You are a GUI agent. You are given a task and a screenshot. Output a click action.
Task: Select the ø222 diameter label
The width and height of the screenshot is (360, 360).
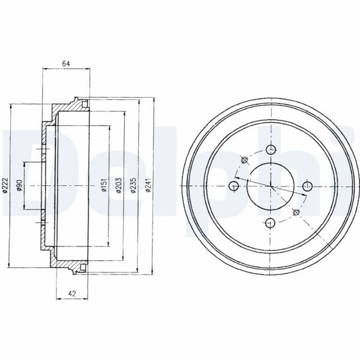5,187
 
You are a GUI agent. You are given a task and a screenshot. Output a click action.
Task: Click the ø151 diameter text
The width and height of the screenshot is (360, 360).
104,187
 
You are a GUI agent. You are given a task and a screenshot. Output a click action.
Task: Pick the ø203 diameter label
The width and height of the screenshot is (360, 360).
119,187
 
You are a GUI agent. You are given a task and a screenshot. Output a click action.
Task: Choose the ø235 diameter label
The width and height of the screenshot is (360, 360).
134,187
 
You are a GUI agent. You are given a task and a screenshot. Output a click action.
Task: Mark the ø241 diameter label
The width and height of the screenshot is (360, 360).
149,187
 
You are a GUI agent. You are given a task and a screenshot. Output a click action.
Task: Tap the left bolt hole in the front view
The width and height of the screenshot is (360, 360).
234,187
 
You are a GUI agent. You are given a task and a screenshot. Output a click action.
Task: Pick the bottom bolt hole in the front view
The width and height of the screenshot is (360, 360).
270,223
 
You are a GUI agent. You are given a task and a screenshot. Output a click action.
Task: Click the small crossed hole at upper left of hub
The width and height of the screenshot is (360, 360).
244,161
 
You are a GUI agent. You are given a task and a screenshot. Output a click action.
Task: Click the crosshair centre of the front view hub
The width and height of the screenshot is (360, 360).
270,187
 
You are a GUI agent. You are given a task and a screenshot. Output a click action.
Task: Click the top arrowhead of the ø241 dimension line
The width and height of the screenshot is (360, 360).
154,100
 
